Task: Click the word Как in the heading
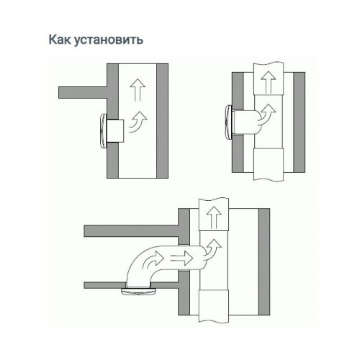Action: [60, 40]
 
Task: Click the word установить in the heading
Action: [109, 40]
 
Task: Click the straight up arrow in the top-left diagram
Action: [138, 90]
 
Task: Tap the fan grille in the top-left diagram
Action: [103, 130]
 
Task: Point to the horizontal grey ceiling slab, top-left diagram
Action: [83, 93]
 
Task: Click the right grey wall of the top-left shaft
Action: [162, 121]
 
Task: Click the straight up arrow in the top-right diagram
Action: [269, 82]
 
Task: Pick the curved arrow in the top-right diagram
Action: [266, 114]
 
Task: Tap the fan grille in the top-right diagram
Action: [229, 123]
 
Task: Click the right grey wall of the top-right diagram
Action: [299, 122]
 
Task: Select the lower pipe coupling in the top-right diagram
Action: [269, 164]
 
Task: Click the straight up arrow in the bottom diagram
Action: [214, 217]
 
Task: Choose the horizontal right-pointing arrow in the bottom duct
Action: [181, 258]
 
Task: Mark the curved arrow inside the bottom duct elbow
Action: [153, 261]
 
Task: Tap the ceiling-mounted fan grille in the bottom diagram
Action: [139, 291]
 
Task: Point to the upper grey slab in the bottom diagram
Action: [131, 231]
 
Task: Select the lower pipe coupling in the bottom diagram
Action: [214, 305]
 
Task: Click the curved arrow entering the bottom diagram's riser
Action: [212, 251]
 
